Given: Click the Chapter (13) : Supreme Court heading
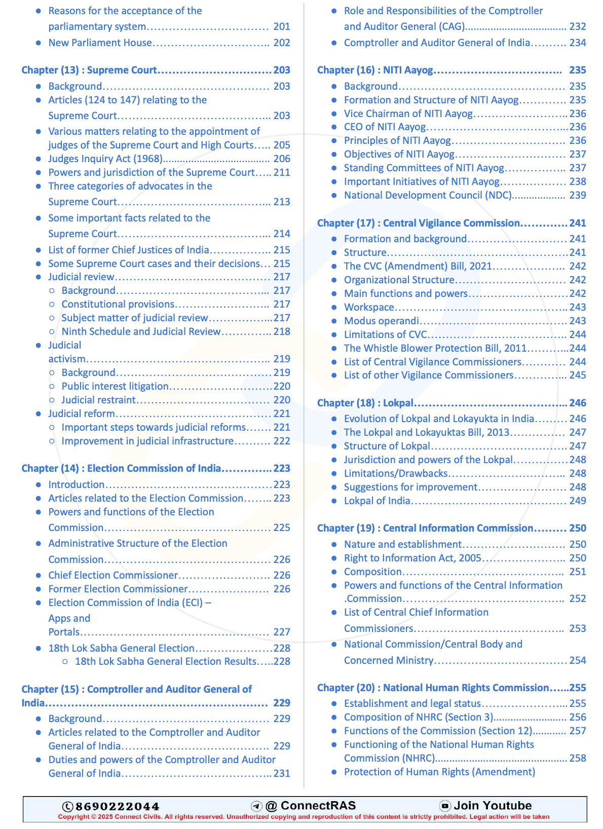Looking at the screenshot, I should (x=89, y=70).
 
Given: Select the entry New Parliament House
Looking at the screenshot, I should (x=100, y=43).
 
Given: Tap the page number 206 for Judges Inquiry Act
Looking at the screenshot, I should (x=282, y=159).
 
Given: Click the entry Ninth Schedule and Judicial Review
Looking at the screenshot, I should (x=141, y=331).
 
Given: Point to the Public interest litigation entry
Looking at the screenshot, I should (x=115, y=386).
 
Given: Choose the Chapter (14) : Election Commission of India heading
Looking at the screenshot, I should (x=121, y=468).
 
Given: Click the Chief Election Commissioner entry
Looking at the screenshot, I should (x=113, y=575).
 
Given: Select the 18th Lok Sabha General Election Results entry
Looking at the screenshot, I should (x=166, y=661).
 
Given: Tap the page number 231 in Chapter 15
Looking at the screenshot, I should (x=282, y=773).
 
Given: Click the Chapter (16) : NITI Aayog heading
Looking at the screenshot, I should (x=375, y=70).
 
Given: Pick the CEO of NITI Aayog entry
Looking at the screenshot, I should (x=385, y=127).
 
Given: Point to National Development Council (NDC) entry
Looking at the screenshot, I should (x=428, y=195).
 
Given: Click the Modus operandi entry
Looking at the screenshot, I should (x=381, y=321).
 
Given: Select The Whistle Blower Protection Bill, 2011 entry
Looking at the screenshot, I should (x=435, y=348).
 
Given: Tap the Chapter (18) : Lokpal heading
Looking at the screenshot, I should (x=365, y=403).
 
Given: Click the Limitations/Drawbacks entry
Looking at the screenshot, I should (x=396, y=473).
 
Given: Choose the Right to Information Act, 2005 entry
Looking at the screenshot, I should (x=412, y=558).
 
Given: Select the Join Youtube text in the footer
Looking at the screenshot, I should (x=493, y=806).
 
